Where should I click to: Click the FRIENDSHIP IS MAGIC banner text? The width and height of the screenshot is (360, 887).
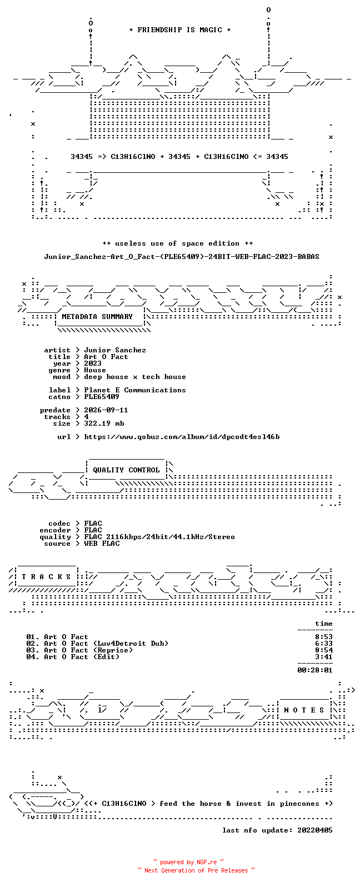[180, 30]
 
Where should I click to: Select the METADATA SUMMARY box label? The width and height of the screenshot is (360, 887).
[97, 317]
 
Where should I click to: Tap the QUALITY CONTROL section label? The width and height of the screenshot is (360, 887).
[126, 470]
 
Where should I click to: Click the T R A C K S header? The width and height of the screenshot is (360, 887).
[46, 576]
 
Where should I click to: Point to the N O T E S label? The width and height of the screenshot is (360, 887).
[304, 710]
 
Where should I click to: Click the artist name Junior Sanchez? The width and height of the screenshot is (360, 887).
[115, 350]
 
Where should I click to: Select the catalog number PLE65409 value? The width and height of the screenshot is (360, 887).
[101, 397]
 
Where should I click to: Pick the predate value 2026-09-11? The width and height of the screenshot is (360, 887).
[106, 410]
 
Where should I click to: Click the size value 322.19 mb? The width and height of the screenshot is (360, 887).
[104, 423]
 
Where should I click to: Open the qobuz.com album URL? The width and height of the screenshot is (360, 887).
[182, 437]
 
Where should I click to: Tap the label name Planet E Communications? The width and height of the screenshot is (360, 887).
[134, 390]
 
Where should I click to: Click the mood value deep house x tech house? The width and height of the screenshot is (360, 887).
[134, 377]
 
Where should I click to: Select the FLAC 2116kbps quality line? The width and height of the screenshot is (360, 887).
[159, 537]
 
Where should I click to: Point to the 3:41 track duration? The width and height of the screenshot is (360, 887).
[324, 657]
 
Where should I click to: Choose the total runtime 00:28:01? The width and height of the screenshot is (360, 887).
[315, 670]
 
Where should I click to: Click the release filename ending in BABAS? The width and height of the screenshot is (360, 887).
[181, 257]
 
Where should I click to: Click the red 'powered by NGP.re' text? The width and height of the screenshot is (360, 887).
[188, 862]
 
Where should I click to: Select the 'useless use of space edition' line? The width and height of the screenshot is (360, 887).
[177, 243]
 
